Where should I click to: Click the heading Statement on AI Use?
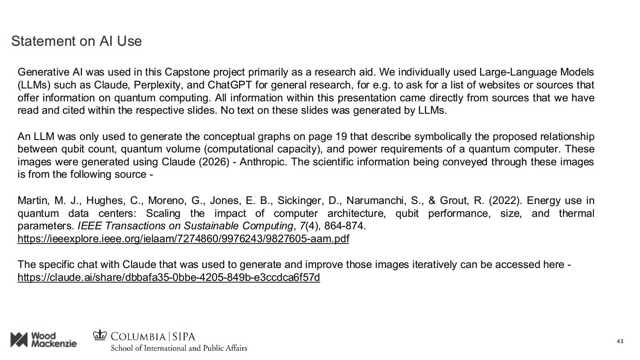click(x=76, y=41)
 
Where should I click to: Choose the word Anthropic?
click(x=264, y=162)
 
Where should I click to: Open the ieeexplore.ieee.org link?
click(x=183, y=239)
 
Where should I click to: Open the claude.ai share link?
click(x=168, y=278)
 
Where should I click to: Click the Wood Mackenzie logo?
click(x=44, y=340)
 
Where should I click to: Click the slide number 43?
click(x=620, y=341)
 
